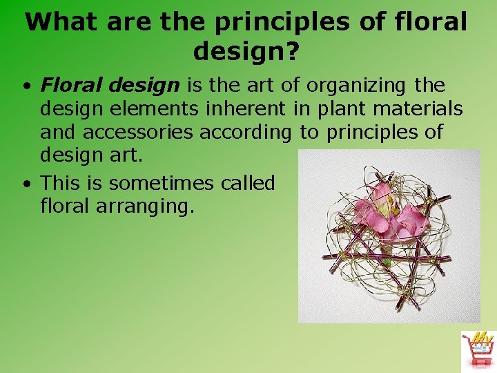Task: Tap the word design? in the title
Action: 246,50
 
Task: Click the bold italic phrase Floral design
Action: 110,86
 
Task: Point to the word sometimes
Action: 162,183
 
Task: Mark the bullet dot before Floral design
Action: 25,87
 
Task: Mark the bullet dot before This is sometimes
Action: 25,184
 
